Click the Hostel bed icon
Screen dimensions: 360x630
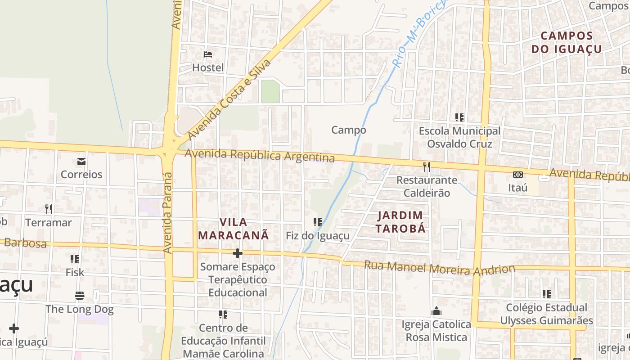point(208,54)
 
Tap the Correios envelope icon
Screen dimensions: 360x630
point(81,161)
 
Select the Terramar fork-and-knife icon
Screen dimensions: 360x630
point(49,209)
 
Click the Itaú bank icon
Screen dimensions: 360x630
point(518,174)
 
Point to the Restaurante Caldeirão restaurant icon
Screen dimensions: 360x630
point(426,167)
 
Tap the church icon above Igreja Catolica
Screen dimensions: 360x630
point(436,311)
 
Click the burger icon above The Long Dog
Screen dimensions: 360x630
point(80,296)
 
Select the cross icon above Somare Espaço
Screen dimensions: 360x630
point(237,254)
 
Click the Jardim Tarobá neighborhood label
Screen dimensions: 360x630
point(400,222)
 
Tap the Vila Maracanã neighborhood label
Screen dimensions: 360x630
point(234,229)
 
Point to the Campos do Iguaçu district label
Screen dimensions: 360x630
point(567,42)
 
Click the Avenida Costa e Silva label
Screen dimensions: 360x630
point(229,99)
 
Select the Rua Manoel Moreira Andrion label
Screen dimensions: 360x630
point(439,268)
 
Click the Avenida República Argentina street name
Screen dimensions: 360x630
point(260,155)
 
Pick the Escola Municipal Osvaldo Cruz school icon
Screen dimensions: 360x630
point(459,117)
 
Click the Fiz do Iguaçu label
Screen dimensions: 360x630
point(318,236)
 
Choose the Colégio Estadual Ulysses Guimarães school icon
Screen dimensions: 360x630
point(546,294)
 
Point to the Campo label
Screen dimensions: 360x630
point(349,130)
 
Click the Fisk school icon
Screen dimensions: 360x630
point(75,259)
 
